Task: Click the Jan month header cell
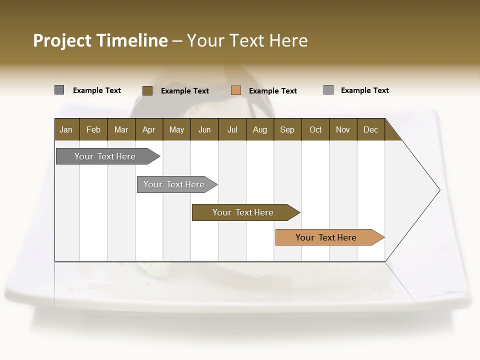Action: pyautogui.click(x=66, y=129)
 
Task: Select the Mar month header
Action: pyautogui.click(x=121, y=129)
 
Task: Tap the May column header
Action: pyautogui.click(x=176, y=129)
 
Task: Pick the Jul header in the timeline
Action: pyautogui.click(x=232, y=129)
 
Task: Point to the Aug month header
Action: pyautogui.click(x=259, y=129)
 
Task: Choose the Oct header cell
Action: pyautogui.click(x=315, y=129)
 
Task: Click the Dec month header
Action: pyautogui.click(x=370, y=129)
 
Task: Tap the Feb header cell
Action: pyautogui.click(x=93, y=129)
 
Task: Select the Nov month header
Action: pyautogui.click(x=342, y=129)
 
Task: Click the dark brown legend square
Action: pyautogui.click(x=147, y=90)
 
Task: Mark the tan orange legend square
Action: pyautogui.click(x=236, y=90)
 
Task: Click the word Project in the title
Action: pyautogui.click(x=62, y=40)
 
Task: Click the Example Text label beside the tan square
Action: pyautogui.click(x=273, y=91)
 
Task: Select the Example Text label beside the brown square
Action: pyautogui.click(x=185, y=91)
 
